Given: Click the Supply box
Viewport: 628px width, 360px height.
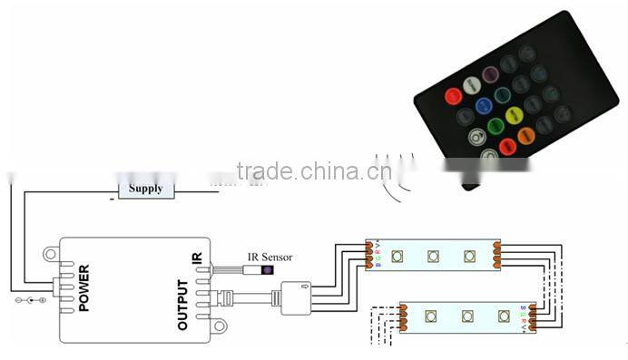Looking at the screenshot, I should tap(146, 189).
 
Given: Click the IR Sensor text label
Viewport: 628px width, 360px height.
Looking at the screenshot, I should tap(270, 258).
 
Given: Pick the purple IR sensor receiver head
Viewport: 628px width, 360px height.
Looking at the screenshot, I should tap(269, 270).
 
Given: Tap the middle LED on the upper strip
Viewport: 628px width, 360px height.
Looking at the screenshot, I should tap(433, 256).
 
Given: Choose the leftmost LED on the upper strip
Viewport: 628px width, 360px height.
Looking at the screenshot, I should tap(397, 257).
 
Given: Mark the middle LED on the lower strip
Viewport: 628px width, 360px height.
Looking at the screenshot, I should tap(466, 316).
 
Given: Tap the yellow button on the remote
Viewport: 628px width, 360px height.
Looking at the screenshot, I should tap(514, 115).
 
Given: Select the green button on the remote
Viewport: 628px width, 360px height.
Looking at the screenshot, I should tap(495, 126).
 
